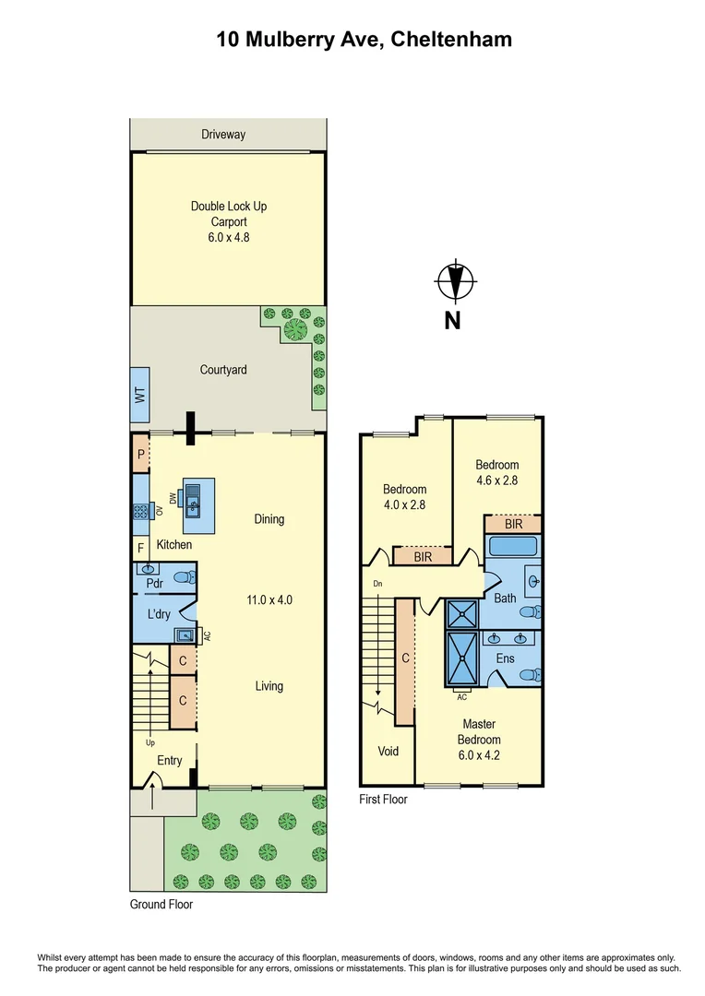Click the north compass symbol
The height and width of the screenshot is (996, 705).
tap(454, 282)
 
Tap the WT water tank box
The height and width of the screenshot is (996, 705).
tap(140, 396)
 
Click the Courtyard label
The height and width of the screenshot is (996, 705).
tap(223, 370)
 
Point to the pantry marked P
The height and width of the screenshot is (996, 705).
tap(140, 455)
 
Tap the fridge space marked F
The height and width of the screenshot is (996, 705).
tap(140, 550)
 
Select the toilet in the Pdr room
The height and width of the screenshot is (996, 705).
tap(185, 578)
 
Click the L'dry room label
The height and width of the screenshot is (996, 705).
tap(158, 614)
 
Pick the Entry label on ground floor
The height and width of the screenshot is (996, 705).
tap(169, 761)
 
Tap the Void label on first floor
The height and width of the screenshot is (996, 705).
tap(388, 751)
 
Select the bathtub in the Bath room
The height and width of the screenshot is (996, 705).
tap(513, 547)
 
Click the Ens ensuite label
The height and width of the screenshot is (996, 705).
tap(505, 658)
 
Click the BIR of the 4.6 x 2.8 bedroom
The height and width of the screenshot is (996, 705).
tap(513, 524)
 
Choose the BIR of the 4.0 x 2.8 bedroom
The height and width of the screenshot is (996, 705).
tap(422, 556)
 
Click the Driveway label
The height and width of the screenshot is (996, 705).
tap(223, 135)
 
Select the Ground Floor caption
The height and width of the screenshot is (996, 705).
tap(161, 905)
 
